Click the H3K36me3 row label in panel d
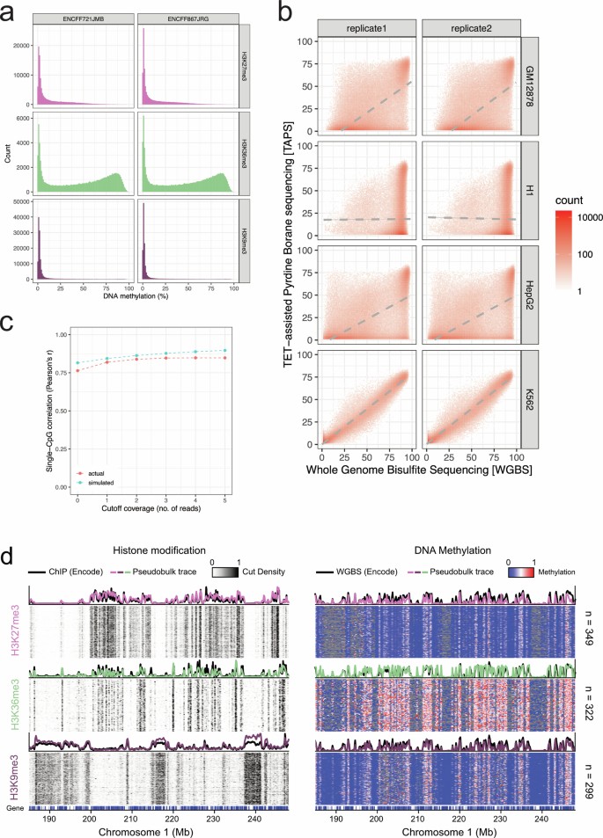tap(14, 700)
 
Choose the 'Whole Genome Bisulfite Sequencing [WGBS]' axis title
tap(419, 474)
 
